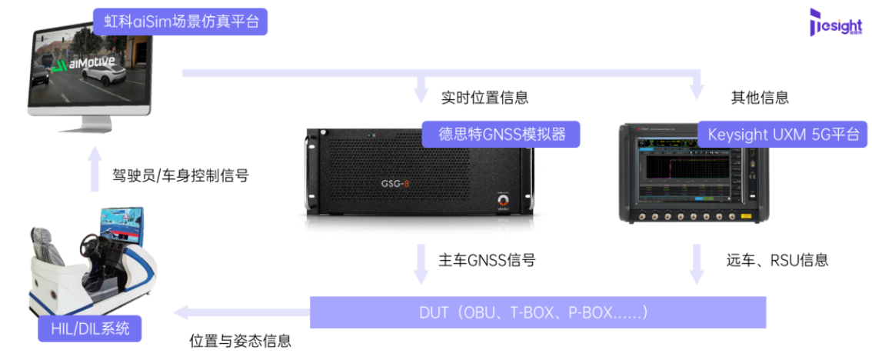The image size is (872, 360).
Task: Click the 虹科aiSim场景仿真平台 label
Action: tap(181, 22)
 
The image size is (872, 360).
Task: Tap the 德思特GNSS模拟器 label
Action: tap(501, 135)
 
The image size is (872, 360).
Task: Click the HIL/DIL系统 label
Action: tap(90, 330)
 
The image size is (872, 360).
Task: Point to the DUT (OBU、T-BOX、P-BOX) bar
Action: tap(538, 312)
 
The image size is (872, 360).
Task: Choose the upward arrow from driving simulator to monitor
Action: tap(94, 169)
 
